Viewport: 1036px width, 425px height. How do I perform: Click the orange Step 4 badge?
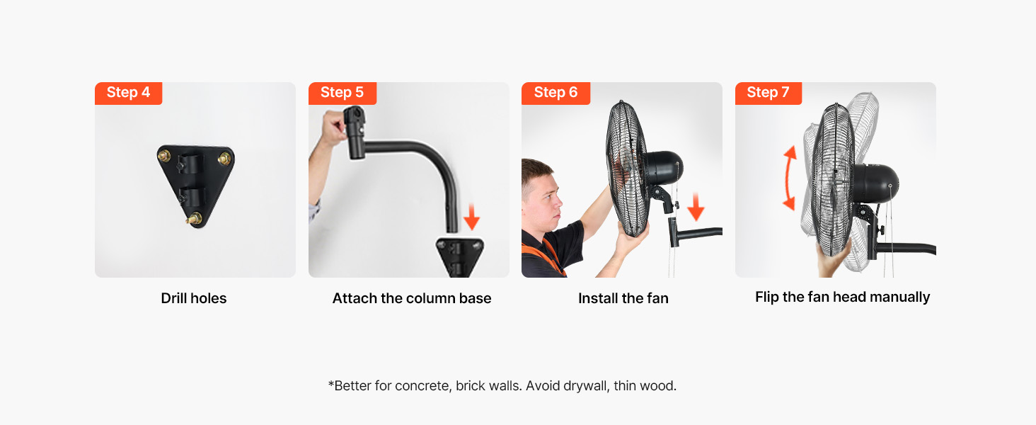[129, 93]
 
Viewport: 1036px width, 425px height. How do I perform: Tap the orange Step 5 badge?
[343, 93]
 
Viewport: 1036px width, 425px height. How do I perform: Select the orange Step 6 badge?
[556, 93]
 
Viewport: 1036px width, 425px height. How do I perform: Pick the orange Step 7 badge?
[769, 93]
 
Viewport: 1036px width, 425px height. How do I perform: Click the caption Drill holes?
[194, 298]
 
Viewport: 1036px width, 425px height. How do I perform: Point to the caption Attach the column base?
[412, 298]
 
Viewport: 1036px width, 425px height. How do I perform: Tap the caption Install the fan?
[623, 298]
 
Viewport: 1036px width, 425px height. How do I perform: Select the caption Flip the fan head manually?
[842, 297]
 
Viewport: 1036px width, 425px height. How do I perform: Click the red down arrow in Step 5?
[472, 216]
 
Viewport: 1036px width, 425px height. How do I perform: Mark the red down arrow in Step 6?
[696, 207]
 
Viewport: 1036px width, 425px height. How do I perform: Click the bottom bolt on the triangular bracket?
[195, 218]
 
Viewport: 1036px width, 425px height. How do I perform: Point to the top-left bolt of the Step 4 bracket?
[163, 155]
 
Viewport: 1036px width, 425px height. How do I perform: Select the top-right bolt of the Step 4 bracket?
[224, 159]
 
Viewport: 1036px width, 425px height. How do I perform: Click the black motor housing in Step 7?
[875, 183]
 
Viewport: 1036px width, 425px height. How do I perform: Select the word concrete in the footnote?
[423, 385]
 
